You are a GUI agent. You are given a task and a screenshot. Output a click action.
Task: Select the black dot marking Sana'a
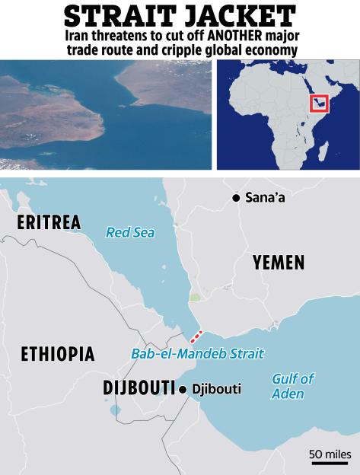pyautogui.click(x=237, y=198)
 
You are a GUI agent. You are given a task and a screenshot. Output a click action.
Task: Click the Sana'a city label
pyautogui.click(x=266, y=198)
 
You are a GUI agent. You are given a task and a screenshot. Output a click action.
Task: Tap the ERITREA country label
pyautogui.click(x=48, y=223)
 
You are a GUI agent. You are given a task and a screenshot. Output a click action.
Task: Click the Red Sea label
pyautogui.click(x=130, y=232)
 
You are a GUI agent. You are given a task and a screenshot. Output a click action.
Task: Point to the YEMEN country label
pyautogui.click(x=279, y=263)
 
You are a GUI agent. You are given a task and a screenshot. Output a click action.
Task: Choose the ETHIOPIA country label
pyautogui.click(x=58, y=354)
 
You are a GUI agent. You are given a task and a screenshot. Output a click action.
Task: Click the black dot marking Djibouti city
pyautogui.click(x=183, y=390)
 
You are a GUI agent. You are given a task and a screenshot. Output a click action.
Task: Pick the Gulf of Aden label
pyautogui.click(x=292, y=386)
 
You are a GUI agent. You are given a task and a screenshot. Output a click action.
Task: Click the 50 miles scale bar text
pyautogui.click(x=330, y=454)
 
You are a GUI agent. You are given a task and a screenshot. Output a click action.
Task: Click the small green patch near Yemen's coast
pyautogui.click(x=196, y=297)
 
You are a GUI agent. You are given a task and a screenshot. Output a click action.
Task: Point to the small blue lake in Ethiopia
pyautogui.click(x=114, y=410)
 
